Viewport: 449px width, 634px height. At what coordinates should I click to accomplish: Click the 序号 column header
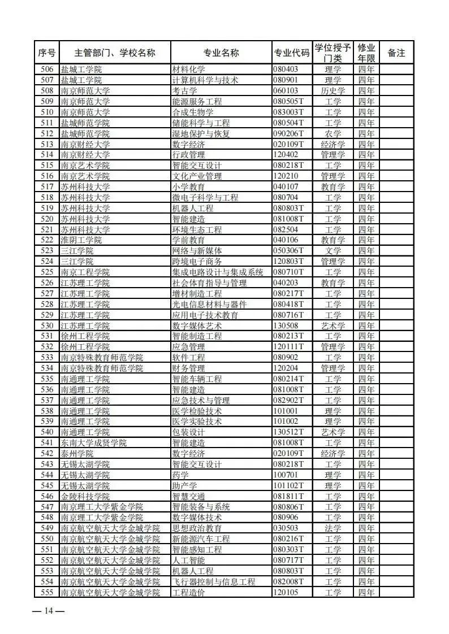47,53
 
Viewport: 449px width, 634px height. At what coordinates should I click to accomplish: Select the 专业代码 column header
292,53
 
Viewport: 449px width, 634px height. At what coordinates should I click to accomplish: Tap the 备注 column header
396,53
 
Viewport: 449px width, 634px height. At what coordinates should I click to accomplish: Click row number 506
47,70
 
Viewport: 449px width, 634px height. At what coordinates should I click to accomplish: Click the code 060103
286,91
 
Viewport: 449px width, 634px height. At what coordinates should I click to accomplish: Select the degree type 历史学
333,91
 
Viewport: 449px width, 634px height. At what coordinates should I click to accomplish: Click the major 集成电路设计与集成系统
218,272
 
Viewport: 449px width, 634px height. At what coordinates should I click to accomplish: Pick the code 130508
286,325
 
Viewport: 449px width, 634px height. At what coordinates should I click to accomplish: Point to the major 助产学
184,485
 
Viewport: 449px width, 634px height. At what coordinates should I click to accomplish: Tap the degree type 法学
333,528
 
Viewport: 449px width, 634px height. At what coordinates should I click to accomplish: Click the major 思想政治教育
197,528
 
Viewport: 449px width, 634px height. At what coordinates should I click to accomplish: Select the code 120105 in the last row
286,592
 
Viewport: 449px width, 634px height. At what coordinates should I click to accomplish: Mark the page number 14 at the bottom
49,611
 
